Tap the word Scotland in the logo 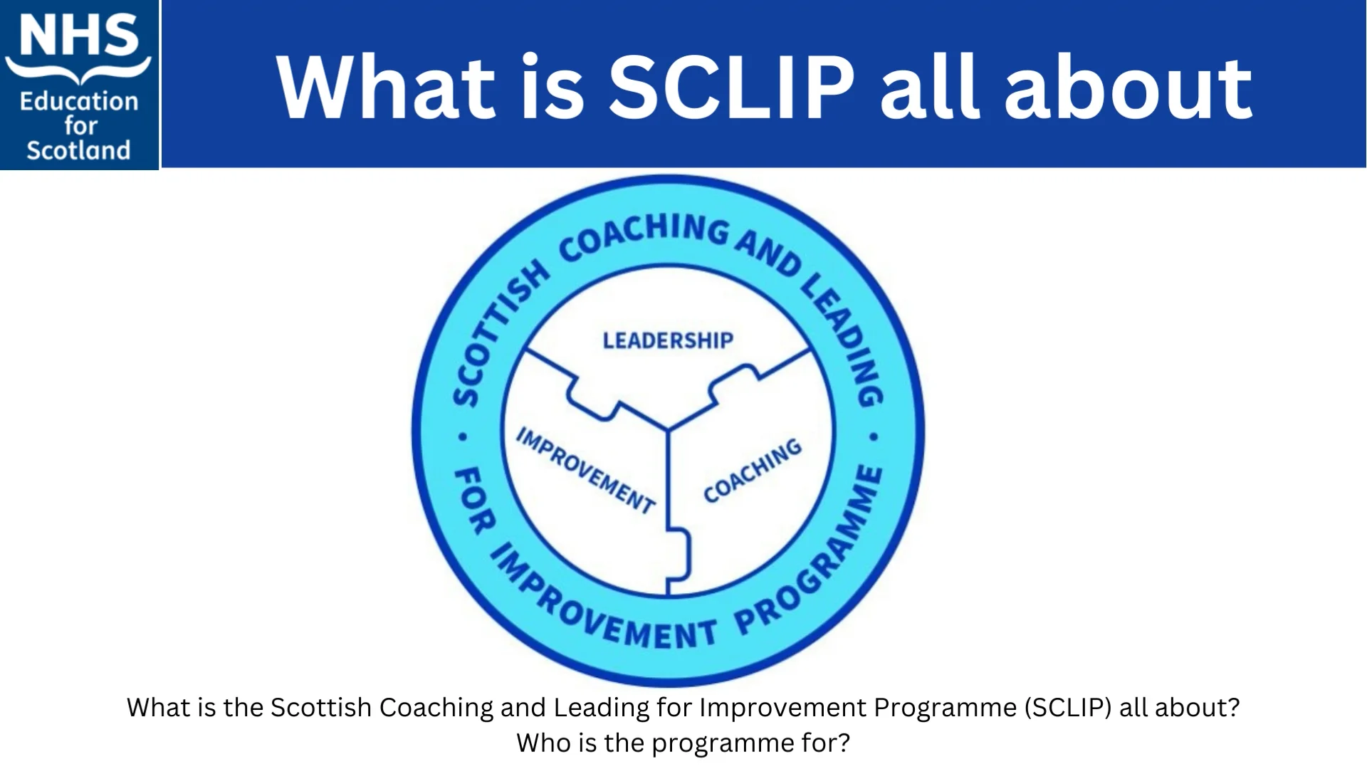78,150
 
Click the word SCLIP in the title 730,88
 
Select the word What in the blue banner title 384,88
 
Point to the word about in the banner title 1128,88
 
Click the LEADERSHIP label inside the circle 667,340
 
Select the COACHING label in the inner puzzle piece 753,471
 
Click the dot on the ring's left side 463,436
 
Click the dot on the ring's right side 874,436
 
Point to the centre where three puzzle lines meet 668,430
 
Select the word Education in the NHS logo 78,102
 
